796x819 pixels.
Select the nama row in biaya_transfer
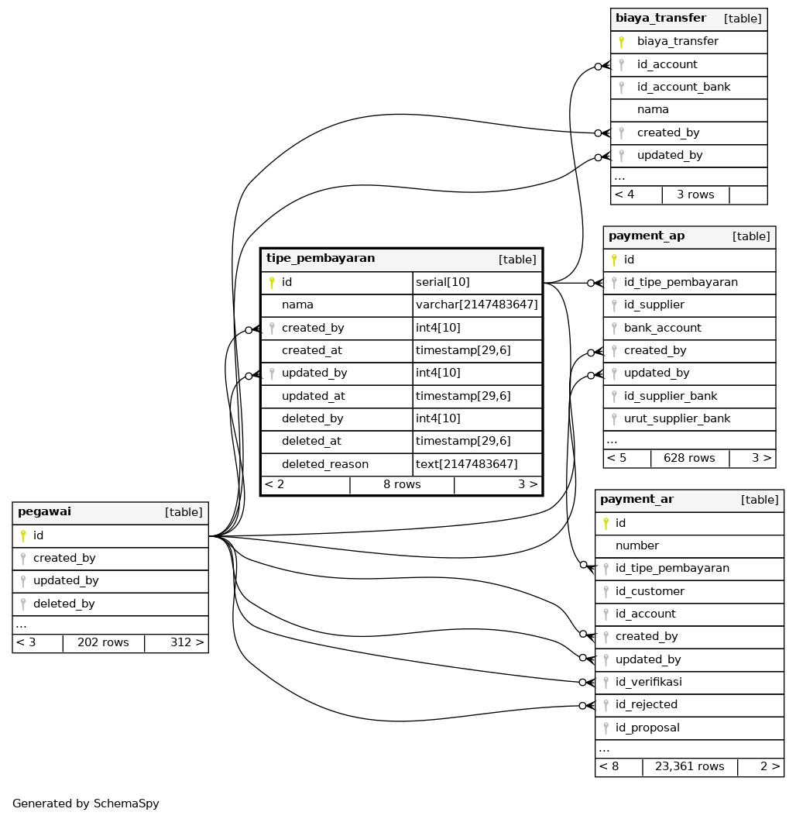tap(653, 109)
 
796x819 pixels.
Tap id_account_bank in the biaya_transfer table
tap(683, 87)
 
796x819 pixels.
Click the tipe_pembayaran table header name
tap(321, 259)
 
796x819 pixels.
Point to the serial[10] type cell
tap(442, 282)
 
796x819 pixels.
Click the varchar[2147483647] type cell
tap(476, 305)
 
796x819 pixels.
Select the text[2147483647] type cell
tap(466, 464)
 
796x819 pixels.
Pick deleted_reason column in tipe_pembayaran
tap(324, 464)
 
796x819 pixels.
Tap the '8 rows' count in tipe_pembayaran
tap(402, 484)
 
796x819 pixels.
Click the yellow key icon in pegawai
tap(23, 535)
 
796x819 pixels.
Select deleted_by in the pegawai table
tap(63, 604)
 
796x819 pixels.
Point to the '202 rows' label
tap(103, 642)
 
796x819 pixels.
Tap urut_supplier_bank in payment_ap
tap(677, 418)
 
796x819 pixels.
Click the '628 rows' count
tap(689, 458)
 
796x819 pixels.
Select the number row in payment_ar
tap(636, 545)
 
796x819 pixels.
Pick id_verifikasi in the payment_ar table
tap(648, 682)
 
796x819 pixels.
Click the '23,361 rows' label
tap(689, 766)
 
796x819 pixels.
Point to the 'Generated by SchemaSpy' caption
tap(86, 804)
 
